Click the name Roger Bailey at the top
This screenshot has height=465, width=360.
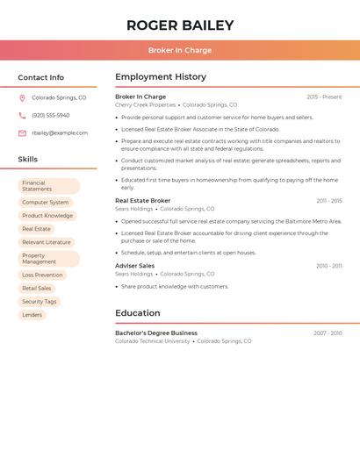[180, 25]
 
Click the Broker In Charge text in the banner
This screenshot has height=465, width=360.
[180, 50]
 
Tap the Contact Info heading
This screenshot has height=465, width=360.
[41, 77]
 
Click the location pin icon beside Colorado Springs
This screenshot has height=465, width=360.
[22, 98]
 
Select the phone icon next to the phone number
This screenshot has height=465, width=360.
[22, 116]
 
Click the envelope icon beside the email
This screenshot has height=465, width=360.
[22, 133]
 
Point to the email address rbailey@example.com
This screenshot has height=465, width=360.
[60, 133]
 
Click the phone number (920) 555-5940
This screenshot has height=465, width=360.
[50, 116]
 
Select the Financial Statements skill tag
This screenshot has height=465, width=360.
[49, 186]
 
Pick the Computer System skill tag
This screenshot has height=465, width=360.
[46, 203]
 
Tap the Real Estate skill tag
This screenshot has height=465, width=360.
[36, 229]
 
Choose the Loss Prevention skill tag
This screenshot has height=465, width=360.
[42, 275]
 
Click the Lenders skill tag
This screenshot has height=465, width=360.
[32, 315]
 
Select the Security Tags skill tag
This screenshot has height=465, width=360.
[40, 302]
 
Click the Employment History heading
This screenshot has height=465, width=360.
[161, 77]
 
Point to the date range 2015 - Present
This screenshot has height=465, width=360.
[324, 97]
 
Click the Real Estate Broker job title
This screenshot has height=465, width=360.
[143, 201]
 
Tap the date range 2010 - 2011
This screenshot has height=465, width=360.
[329, 266]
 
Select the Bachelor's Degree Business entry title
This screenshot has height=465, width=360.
[156, 333]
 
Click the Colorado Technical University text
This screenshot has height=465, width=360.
[152, 341]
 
